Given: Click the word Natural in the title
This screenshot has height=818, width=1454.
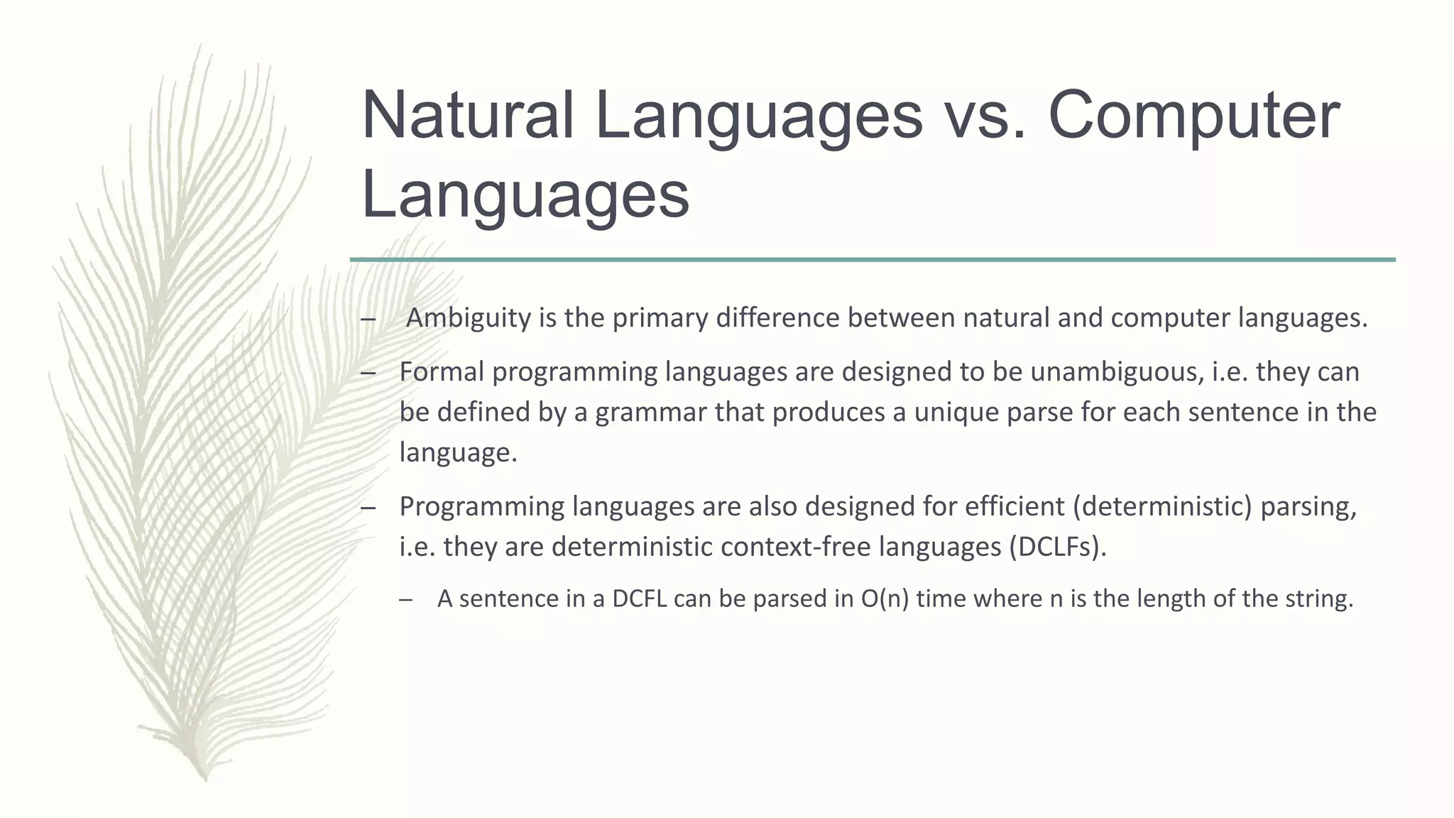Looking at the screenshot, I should pos(467,116).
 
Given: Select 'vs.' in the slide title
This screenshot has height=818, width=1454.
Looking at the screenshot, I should pos(985,116).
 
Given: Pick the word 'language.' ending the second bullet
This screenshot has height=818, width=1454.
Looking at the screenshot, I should pos(458,452).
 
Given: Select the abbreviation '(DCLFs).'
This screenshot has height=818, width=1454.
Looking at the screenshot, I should pos(1057,547).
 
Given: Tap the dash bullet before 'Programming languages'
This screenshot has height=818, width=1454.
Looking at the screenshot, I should pos(368,508).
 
